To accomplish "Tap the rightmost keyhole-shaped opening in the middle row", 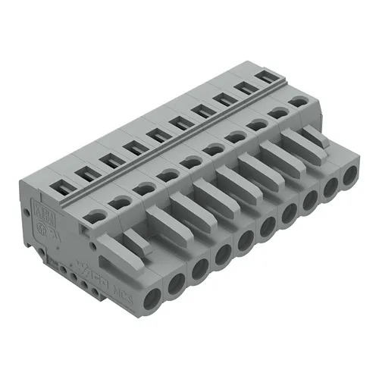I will pyautogui.click(x=302, y=101).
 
